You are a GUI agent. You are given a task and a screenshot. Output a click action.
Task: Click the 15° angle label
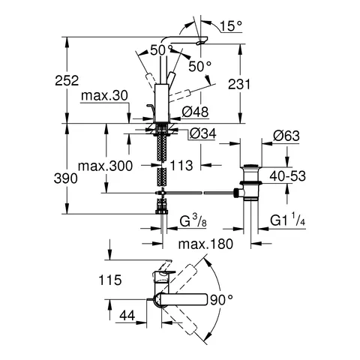[230, 25]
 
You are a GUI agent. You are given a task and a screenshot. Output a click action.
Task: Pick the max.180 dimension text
[204, 244]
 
